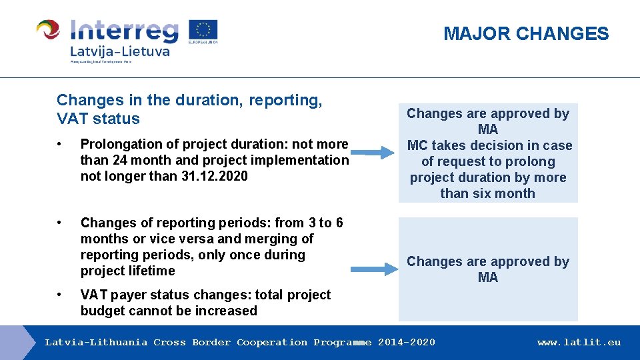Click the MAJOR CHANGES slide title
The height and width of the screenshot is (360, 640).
click(x=526, y=34)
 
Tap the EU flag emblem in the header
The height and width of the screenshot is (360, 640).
click(x=203, y=31)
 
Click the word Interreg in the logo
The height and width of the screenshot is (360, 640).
click(x=125, y=31)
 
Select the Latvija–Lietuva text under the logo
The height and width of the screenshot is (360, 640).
click(x=119, y=51)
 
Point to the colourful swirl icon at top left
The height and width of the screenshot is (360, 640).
click(x=49, y=30)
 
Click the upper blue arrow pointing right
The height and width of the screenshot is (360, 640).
click(x=371, y=153)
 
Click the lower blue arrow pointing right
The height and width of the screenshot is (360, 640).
click(x=372, y=269)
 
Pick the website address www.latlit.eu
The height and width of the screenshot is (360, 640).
click(x=579, y=343)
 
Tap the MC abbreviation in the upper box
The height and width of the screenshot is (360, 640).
click(x=417, y=145)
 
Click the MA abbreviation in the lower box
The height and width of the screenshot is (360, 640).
click(x=488, y=277)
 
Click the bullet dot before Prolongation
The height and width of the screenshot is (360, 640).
click(x=60, y=145)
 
